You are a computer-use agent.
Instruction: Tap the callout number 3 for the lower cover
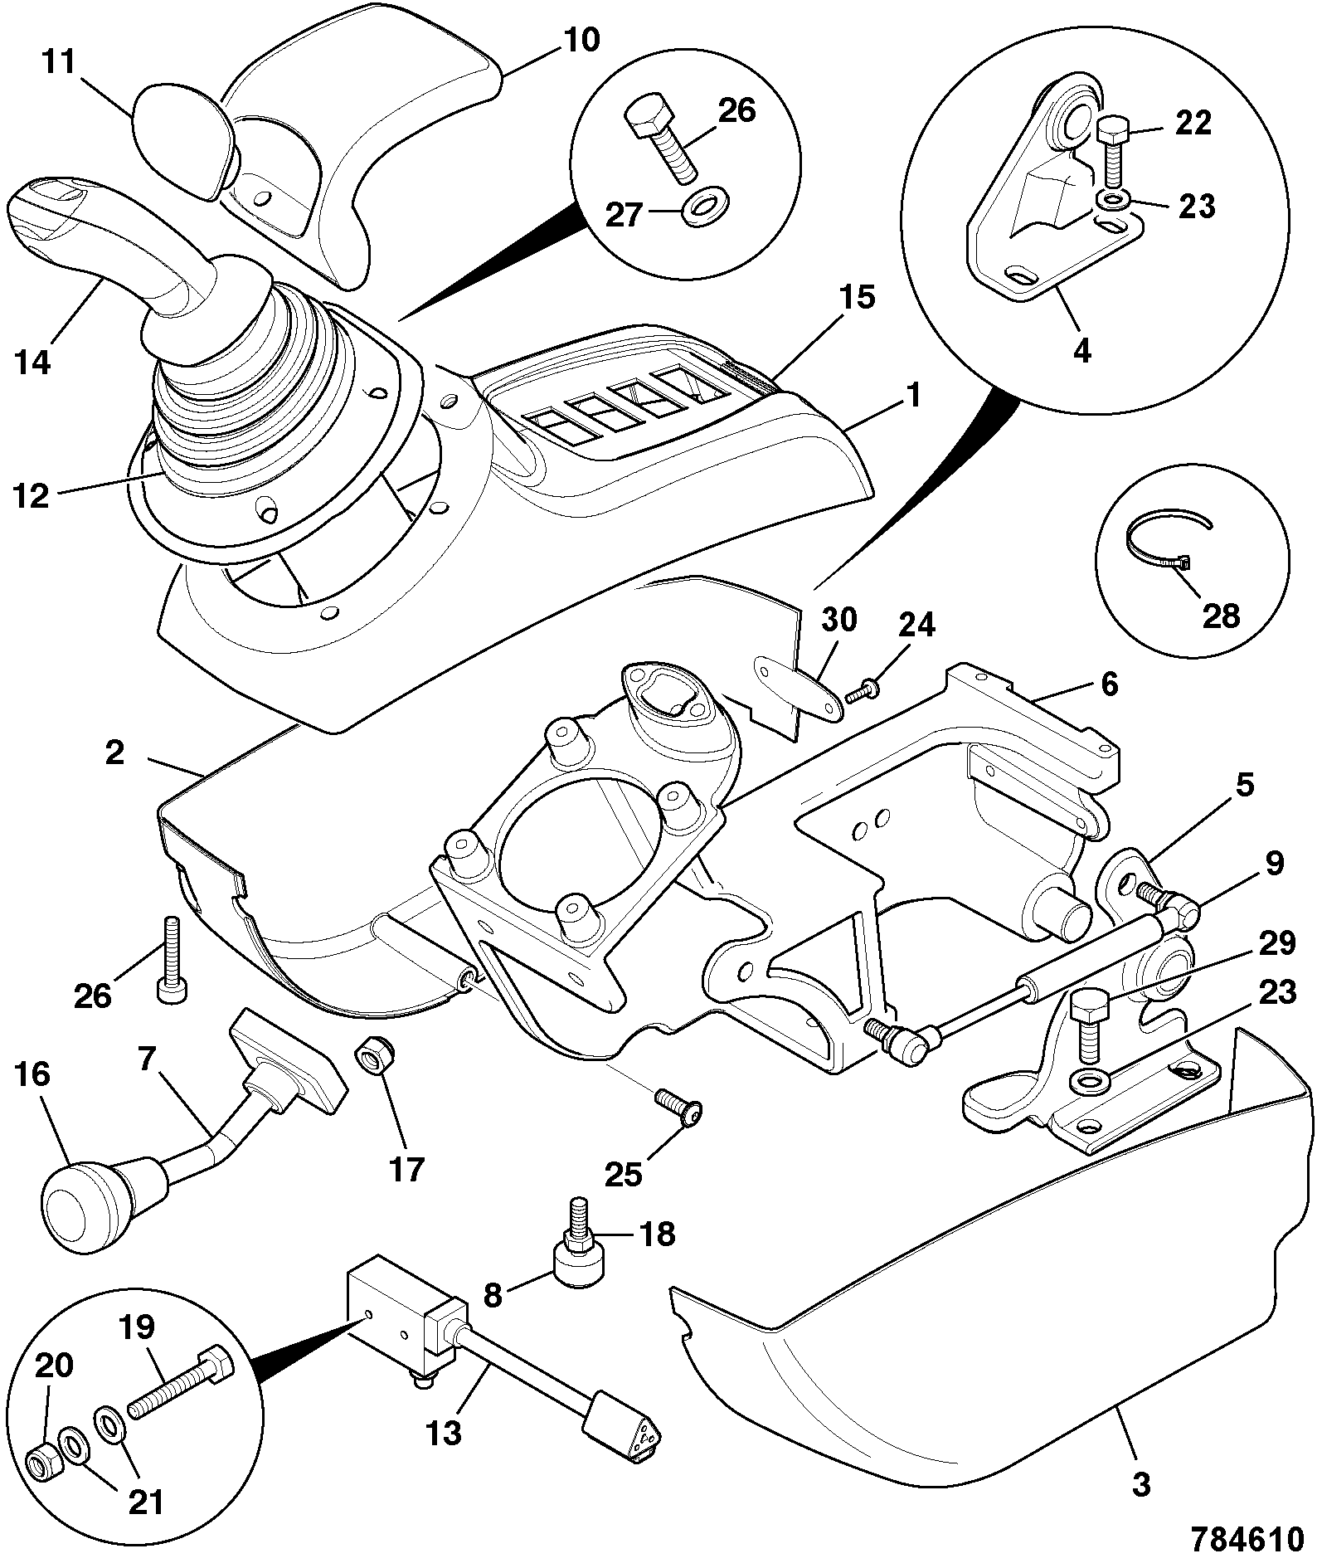click(1142, 1483)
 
